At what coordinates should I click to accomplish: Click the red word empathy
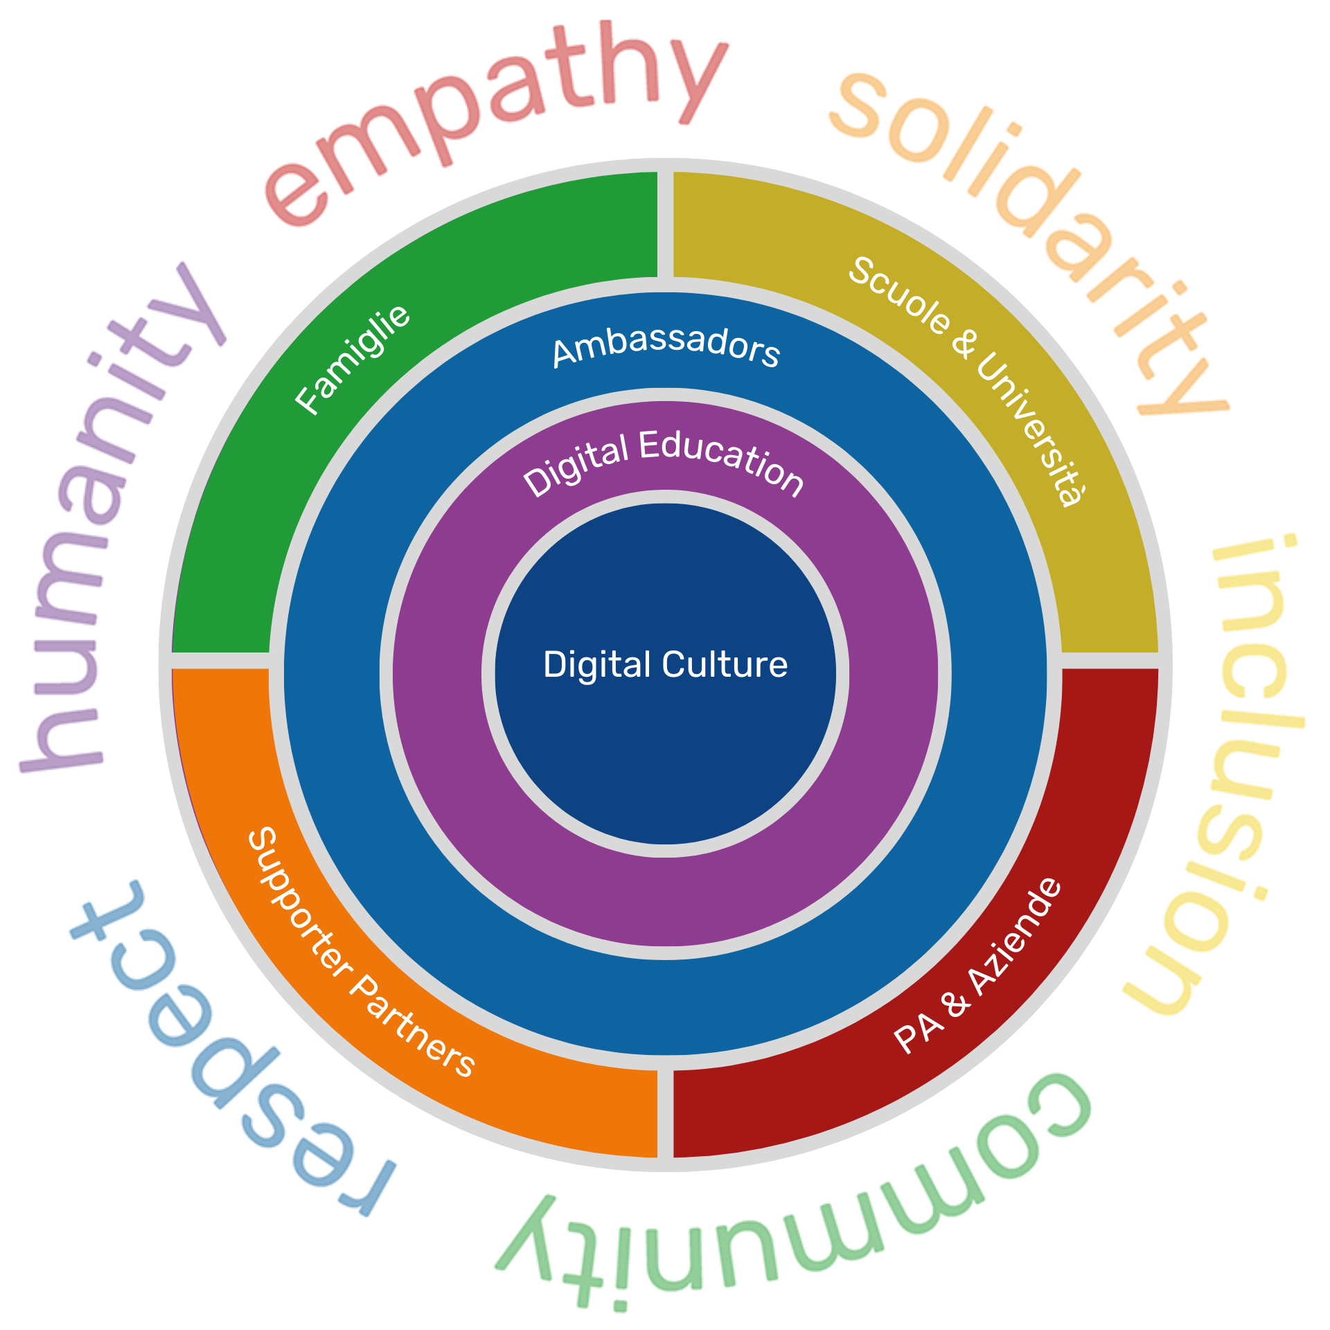(492, 118)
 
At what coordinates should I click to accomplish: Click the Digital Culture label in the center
(665, 664)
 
